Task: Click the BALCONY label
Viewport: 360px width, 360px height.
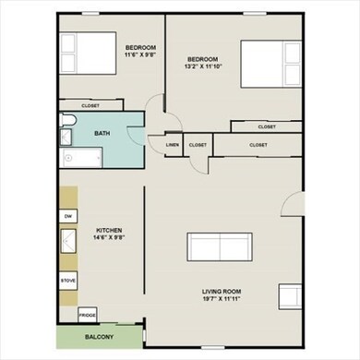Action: click(100, 337)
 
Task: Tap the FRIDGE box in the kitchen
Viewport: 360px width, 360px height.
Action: click(88, 315)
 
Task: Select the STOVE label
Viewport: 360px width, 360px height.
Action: click(67, 278)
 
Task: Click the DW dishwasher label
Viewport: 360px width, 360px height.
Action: click(67, 216)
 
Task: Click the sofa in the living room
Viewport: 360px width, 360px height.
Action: click(220, 248)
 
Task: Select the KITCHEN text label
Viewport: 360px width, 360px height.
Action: click(108, 230)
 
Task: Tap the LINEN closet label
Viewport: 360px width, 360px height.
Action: click(173, 145)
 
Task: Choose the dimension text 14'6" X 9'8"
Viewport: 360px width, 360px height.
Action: click(108, 238)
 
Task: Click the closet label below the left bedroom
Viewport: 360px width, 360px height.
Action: click(90, 105)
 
